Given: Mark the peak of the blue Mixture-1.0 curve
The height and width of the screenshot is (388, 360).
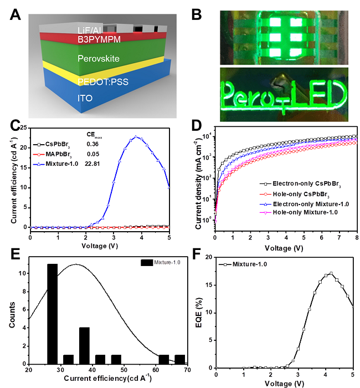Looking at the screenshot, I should (136, 137).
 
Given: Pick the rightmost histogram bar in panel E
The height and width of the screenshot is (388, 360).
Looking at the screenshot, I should (180, 358).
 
